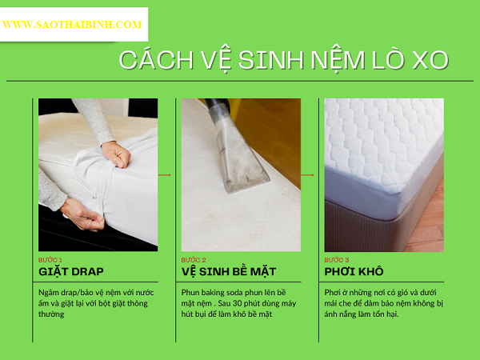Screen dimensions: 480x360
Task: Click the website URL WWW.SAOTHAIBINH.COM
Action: [x=72, y=25]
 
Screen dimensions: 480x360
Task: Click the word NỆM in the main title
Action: [x=338, y=61]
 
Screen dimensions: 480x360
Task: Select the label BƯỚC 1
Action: [x=50, y=260]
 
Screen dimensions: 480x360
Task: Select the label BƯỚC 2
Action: [x=194, y=260]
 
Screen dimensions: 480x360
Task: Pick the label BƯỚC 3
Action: [x=337, y=260]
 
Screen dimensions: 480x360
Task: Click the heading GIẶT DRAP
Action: [x=71, y=271]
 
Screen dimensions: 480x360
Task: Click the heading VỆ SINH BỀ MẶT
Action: [x=229, y=271]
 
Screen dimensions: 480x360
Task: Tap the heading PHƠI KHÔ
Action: [x=354, y=271]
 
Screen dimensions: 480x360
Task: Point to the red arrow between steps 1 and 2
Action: [x=164, y=174]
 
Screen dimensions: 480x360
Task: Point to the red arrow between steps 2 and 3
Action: [x=308, y=174]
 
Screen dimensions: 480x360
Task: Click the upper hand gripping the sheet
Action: [x=116, y=154]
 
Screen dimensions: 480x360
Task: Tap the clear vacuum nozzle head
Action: [x=242, y=159]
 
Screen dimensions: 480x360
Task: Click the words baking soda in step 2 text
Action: [x=221, y=292]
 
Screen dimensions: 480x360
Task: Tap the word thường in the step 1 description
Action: [x=51, y=314]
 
